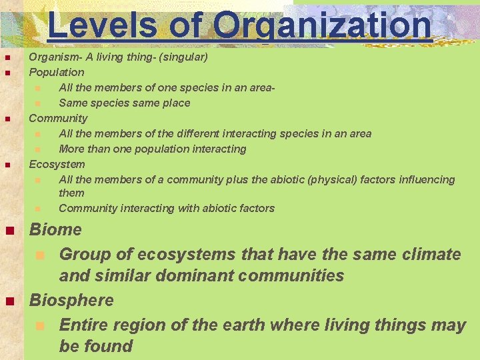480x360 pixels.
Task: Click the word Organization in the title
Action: click(x=323, y=25)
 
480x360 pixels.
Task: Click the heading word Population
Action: click(x=57, y=72)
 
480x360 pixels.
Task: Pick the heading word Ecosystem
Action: click(x=57, y=164)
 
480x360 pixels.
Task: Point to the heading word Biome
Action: click(x=55, y=230)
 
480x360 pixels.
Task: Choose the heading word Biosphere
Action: click(x=71, y=300)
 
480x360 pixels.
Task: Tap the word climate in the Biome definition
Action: click(x=428, y=254)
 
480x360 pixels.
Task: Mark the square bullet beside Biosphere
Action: click(x=9, y=301)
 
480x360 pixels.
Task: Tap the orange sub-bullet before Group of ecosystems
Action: click(x=40, y=255)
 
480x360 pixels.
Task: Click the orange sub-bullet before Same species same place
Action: click(x=38, y=103)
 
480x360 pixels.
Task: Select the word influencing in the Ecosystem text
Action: click(x=427, y=179)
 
